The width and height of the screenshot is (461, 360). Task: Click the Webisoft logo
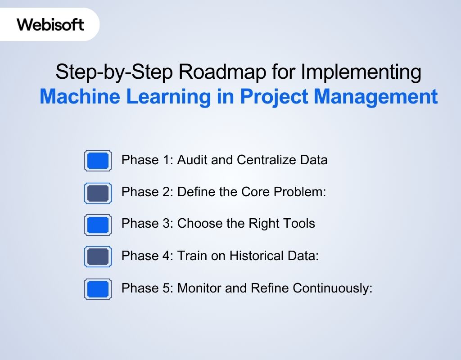[50, 24]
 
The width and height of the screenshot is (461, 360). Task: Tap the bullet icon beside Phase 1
[98, 161]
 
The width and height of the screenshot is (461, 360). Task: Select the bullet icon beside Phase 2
[98, 193]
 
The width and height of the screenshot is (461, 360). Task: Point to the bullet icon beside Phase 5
[98, 289]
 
